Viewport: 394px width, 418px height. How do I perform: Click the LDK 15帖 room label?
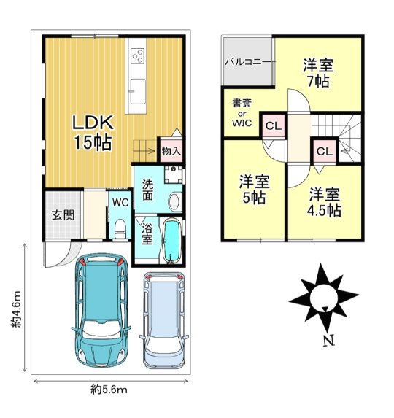pos(93,133)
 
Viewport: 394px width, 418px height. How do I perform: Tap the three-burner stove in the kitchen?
pos(138,55)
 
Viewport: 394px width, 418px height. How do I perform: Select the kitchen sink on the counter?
pos(139,91)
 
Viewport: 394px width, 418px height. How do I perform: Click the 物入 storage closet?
pos(171,150)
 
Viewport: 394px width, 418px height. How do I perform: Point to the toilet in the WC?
pos(120,228)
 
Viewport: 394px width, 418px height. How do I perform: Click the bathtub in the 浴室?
pos(172,241)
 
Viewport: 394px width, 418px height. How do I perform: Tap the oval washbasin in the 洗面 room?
pos(174,201)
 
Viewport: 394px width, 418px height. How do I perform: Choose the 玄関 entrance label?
pos(63,215)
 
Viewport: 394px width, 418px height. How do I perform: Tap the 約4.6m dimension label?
pos(16,309)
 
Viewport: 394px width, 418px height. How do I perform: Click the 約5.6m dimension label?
pos(109,390)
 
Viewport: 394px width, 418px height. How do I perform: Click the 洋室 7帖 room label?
pos(318,73)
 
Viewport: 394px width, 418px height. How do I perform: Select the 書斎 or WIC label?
pos(242,113)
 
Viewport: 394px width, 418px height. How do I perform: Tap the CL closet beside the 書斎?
pos(274,125)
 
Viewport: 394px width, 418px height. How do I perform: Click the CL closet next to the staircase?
pos(325,152)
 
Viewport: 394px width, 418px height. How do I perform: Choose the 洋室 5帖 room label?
pos(254,189)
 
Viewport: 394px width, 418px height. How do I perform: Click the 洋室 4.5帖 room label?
pos(325,202)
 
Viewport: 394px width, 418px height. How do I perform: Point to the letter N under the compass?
pos(328,341)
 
